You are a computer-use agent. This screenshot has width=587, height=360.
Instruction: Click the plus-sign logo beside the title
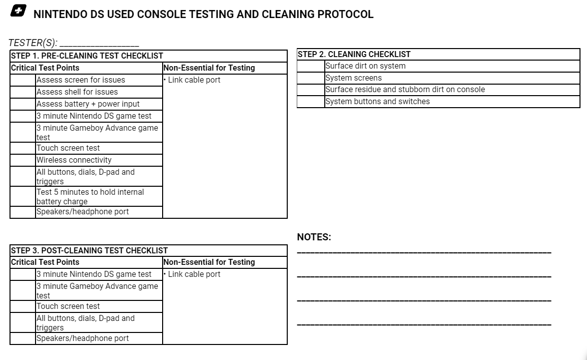tap(18, 12)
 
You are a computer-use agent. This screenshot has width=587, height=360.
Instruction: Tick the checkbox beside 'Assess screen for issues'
tap(23, 80)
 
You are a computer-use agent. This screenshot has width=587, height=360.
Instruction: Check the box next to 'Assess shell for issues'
tap(23, 92)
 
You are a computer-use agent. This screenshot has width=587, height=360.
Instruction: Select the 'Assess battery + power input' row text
tap(88, 104)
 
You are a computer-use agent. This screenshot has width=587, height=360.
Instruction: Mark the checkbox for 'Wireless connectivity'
tap(23, 160)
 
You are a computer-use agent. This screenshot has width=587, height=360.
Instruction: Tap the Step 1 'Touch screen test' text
tap(68, 148)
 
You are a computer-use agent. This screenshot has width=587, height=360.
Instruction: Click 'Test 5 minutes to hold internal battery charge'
tap(90, 197)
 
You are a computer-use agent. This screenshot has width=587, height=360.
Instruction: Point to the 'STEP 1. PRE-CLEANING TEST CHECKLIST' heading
tap(87, 56)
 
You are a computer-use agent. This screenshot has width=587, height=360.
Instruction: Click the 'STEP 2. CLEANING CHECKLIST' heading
tap(354, 55)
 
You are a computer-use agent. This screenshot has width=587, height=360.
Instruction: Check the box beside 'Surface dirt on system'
tap(311, 66)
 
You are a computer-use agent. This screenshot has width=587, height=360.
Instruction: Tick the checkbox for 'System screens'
tap(311, 78)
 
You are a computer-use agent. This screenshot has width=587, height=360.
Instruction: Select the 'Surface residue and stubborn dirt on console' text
tap(405, 90)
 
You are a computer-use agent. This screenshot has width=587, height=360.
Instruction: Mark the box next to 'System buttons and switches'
tap(311, 102)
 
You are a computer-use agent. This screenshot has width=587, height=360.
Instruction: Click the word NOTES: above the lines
tap(314, 237)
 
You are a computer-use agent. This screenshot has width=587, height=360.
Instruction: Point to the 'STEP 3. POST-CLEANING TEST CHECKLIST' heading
tap(89, 250)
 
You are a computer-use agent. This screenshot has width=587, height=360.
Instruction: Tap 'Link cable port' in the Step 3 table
tap(194, 274)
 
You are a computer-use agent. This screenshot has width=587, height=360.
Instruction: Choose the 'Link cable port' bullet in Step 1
tap(194, 80)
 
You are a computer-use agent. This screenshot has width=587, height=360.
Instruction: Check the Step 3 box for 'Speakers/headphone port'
tap(23, 338)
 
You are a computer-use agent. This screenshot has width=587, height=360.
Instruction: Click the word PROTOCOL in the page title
tap(345, 14)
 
